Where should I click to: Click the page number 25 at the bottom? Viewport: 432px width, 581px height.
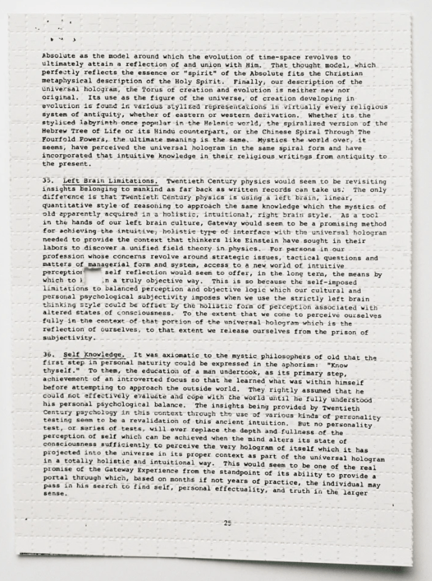[227, 523]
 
